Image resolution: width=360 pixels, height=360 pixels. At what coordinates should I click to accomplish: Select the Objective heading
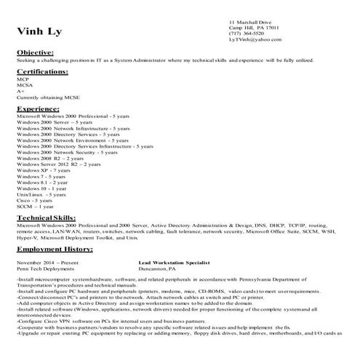(35, 53)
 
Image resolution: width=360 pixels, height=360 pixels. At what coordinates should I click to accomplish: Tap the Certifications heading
(43, 72)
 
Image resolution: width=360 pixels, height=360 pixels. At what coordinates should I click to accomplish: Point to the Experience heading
(38, 108)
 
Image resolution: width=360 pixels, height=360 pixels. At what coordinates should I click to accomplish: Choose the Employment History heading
(55, 249)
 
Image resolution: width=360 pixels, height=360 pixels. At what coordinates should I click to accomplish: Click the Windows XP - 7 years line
(44, 170)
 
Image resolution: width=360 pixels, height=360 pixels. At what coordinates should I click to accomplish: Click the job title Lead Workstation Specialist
(174, 261)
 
